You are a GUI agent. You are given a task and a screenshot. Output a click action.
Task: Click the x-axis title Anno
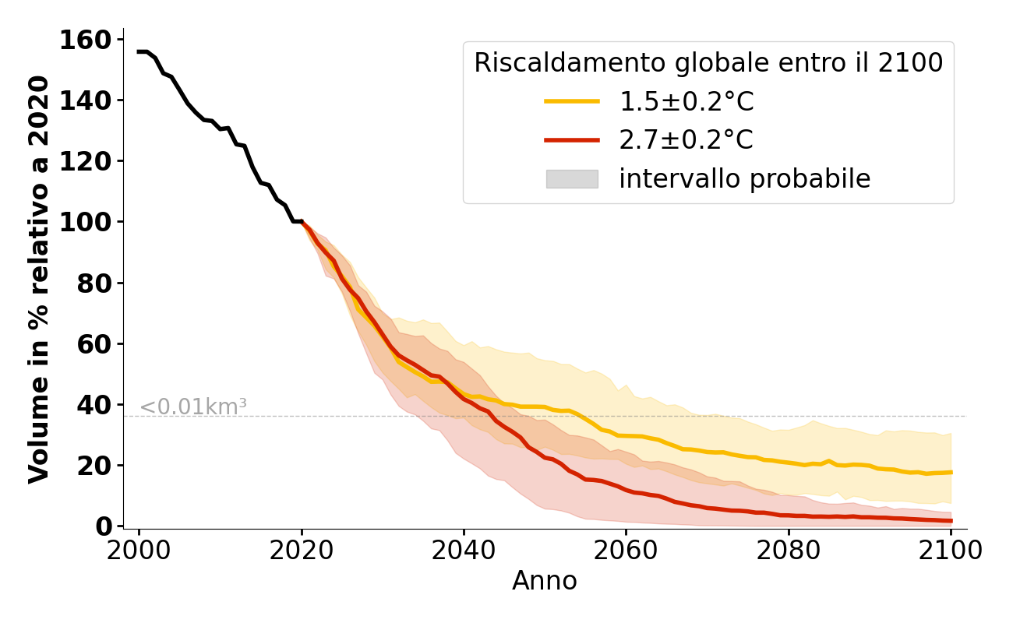pyautogui.click(x=545, y=581)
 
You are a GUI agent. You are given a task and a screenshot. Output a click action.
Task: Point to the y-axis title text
pyautogui.click(x=40, y=279)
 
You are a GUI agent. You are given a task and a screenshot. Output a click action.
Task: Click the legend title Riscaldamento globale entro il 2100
pyautogui.click(x=708, y=63)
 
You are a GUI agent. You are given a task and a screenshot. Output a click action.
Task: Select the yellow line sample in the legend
pyautogui.click(x=572, y=101)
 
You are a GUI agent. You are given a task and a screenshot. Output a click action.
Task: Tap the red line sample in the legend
pyautogui.click(x=572, y=140)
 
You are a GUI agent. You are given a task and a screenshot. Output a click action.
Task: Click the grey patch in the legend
pyautogui.click(x=572, y=179)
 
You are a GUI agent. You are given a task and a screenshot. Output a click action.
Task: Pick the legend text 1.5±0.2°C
pyautogui.click(x=687, y=101)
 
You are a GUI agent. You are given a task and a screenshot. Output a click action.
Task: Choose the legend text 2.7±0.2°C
pyautogui.click(x=687, y=140)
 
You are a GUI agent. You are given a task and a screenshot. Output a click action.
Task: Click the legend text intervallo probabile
pyautogui.click(x=744, y=179)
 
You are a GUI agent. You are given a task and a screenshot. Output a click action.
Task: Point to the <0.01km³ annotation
pyautogui.click(x=193, y=407)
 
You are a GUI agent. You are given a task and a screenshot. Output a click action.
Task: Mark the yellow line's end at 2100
pyautogui.click(x=951, y=472)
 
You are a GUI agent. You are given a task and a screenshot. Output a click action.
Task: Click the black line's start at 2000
pyautogui.click(x=139, y=51)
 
